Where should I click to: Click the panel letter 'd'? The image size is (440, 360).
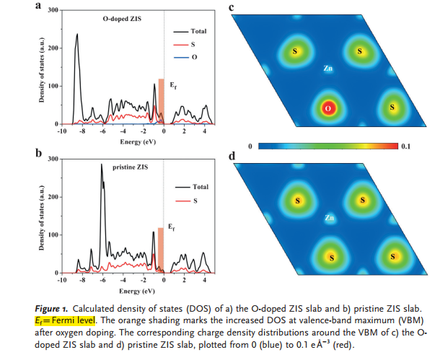pos(231,156)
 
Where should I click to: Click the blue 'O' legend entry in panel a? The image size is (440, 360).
pos(193,56)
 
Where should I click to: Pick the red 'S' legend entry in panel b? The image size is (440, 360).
pos(193,200)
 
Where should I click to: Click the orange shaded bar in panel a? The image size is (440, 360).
pos(161,101)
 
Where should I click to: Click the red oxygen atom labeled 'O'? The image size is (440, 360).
pos(328,108)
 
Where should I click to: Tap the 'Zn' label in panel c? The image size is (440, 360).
pos(327,69)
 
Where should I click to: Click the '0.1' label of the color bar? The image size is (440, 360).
pos(405,146)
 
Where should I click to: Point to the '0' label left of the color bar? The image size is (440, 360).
pos(249,146)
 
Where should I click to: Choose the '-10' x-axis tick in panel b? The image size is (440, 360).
pos(62,278)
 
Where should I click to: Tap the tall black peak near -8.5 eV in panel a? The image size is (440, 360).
pos(76,36)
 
